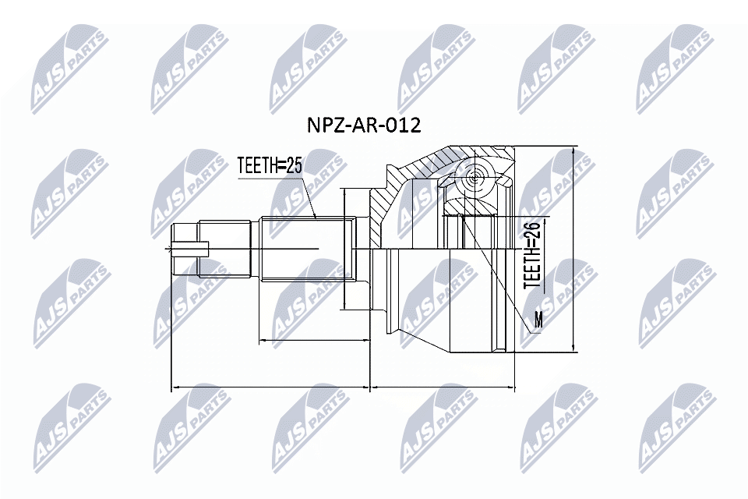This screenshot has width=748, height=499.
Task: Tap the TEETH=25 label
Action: [x=270, y=165]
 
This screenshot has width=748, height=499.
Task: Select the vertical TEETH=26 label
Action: [x=532, y=255]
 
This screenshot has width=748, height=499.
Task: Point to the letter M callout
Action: [x=538, y=319]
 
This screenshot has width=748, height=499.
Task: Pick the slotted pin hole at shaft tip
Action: [x=192, y=249]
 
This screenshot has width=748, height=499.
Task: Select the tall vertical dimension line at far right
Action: [x=573, y=249]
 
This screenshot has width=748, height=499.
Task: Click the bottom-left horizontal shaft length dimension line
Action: [x=269, y=386]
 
